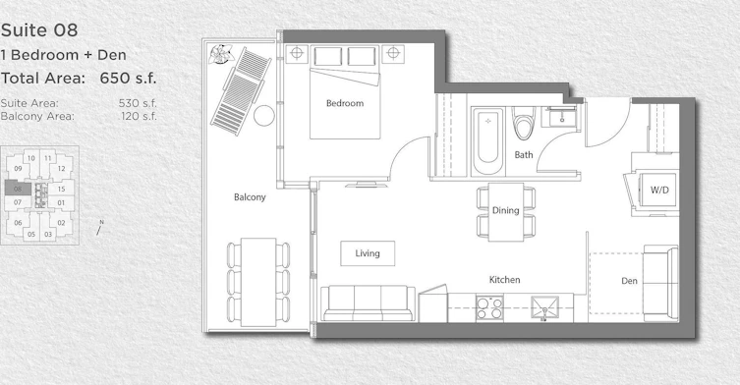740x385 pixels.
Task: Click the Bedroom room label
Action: pos(345,103)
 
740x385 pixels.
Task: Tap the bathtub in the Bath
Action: pos(487,140)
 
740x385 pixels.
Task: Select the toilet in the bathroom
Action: pos(524,123)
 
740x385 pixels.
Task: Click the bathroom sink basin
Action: pos(561,117)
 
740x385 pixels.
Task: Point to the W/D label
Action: pos(659,191)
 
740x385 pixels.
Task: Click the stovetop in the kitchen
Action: pos(489,307)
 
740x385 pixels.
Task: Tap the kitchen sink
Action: pos(544,308)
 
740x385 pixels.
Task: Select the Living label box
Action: pos(368,253)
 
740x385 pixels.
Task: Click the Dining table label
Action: pos(506,210)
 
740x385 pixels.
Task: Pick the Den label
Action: pos(629,281)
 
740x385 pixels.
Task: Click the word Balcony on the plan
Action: pos(250,197)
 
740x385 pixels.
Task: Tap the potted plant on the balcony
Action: pos(222,54)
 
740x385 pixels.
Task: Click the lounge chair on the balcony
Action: pos(241,90)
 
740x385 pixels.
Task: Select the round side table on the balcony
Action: pos(263,116)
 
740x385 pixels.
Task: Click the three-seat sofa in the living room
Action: pos(369,303)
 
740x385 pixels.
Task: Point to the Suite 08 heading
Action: pos(39,30)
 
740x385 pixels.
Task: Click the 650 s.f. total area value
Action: pos(128,78)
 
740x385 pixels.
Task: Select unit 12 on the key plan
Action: pos(61,169)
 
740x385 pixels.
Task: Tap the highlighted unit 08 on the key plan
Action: pos(18,189)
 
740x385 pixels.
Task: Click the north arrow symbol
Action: pos(99,228)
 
